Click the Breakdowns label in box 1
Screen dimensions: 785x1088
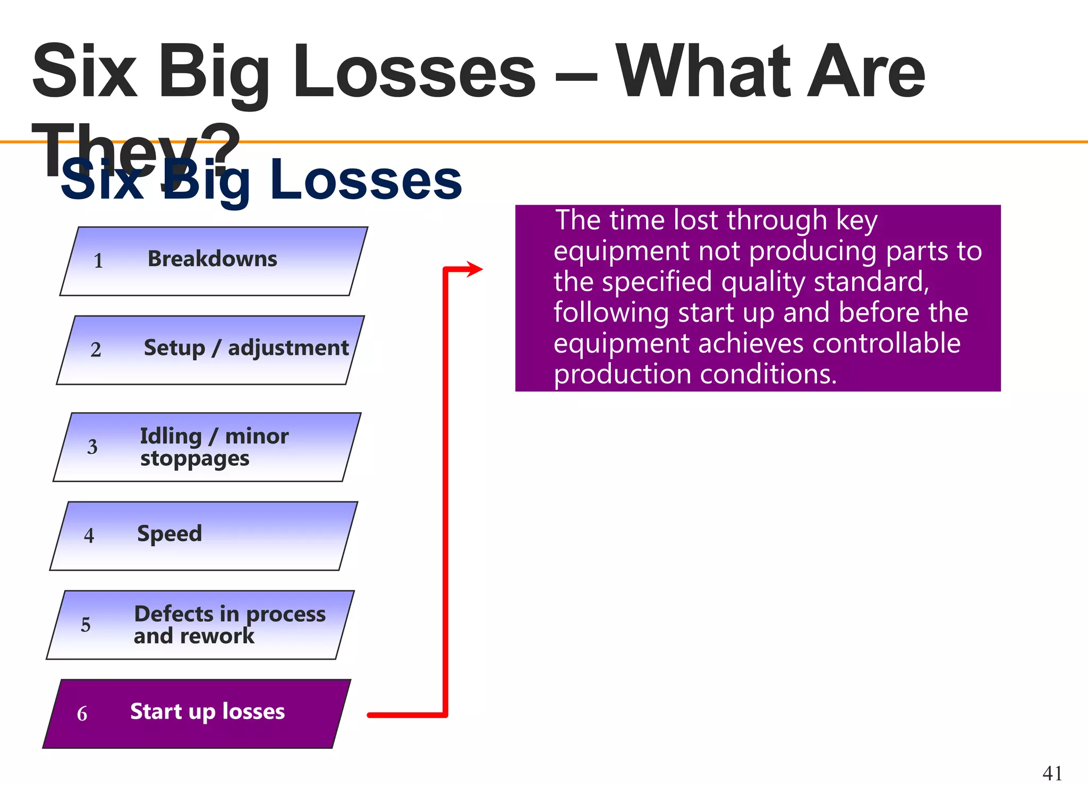212,259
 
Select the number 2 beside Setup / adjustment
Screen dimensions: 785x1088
96,349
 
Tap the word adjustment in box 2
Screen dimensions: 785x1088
288,348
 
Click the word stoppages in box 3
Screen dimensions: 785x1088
194,458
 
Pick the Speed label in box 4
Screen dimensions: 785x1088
169,534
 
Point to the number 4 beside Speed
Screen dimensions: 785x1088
89,535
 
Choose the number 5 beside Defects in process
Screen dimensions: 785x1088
86,625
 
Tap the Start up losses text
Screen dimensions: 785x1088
207,711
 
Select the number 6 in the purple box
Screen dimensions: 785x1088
82,713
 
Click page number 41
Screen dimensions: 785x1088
1052,773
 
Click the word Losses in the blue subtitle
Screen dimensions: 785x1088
366,181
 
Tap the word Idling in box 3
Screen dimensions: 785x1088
171,436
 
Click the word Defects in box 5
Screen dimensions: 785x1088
173,614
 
